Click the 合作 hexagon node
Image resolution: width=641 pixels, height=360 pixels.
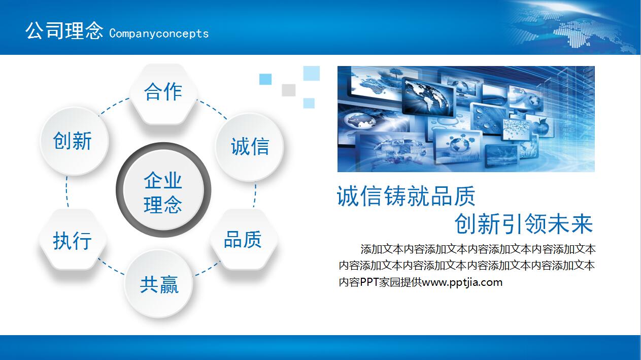[x=163, y=93]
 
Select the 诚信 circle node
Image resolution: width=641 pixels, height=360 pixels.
[x=249, y=147]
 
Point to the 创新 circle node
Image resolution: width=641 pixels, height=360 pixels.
[x=73, y=141]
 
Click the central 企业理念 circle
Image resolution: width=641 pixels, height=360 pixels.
[x=163, y=191]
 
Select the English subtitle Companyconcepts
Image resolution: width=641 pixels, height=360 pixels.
[x=159, y=34]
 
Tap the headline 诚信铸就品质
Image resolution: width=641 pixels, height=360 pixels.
[x=406, y=196]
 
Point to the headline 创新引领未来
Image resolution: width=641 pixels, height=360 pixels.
[x=523, y=224]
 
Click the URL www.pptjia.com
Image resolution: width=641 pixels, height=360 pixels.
[x=462, y=282]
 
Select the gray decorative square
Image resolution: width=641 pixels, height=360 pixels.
[x=288, y=90]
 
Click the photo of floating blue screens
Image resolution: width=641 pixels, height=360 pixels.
[x=465, y=119]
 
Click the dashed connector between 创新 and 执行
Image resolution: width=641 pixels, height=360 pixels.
[x=66, y=191]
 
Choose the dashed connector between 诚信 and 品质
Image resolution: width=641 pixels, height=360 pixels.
[x=255, y=195]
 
